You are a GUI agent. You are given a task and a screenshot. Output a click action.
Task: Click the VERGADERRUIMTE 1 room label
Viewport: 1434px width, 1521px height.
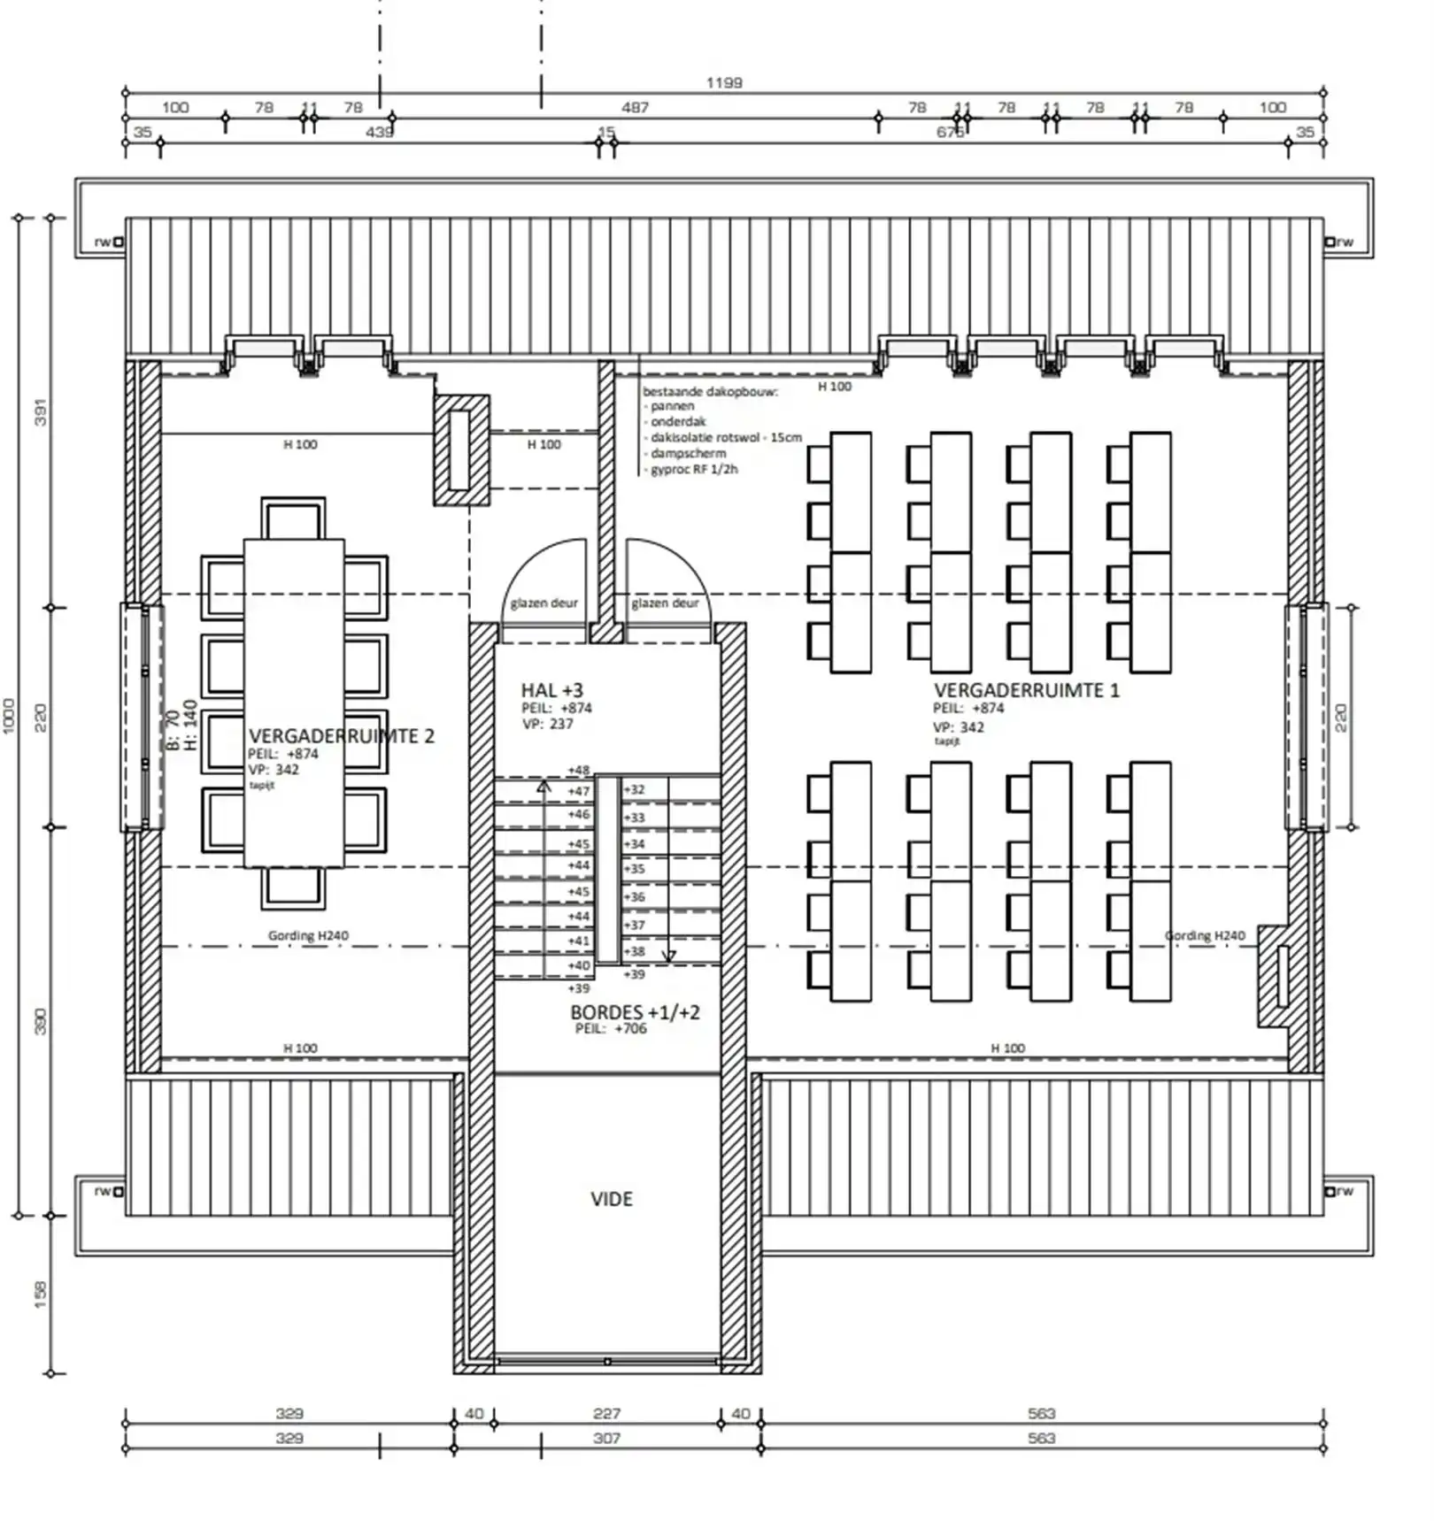1026,690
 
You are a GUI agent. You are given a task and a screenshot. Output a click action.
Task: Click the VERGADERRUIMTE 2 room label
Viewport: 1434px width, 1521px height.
342,736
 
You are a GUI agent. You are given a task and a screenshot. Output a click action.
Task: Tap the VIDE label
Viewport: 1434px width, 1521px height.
612,1200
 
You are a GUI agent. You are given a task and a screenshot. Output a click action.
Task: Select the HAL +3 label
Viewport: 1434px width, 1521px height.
551,690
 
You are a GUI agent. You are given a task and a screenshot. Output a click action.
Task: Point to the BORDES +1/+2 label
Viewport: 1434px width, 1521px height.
635,1012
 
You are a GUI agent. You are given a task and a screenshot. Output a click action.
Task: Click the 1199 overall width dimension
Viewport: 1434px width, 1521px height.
724,83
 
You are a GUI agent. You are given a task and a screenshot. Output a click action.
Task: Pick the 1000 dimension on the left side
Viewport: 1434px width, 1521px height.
10,715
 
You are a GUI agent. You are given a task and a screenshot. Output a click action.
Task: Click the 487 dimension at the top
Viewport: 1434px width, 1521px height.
635,108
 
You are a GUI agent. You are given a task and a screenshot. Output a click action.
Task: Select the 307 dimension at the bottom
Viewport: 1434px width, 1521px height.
606,1439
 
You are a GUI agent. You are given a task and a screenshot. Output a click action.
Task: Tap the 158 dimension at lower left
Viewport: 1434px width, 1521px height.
40,1294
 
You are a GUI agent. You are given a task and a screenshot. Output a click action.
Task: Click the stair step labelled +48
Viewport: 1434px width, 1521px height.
578,771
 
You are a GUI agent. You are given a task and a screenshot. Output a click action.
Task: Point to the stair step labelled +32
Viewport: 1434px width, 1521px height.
635,790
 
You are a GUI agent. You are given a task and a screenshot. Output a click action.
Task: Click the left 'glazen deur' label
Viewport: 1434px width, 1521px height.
544,603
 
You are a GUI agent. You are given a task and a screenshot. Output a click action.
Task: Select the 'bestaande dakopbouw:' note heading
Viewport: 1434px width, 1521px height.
710,391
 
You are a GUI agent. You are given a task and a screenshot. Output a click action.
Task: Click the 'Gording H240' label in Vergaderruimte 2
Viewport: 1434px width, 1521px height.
308,935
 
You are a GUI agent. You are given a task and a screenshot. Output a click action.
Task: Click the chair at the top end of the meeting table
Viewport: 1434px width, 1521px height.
293,519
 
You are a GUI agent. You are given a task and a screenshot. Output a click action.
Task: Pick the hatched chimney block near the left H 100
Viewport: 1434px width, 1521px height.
460,449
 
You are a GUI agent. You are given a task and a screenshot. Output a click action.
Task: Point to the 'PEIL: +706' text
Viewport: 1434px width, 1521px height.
611,1029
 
